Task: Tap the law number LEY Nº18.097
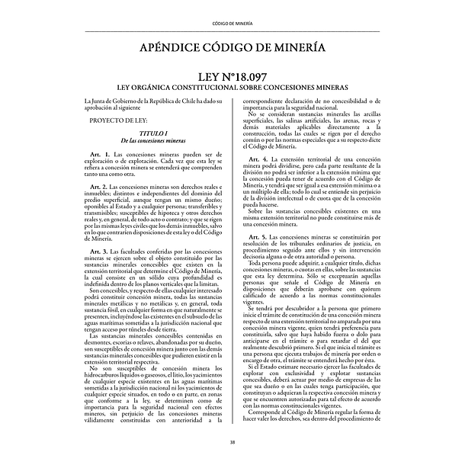[x=232, y=78]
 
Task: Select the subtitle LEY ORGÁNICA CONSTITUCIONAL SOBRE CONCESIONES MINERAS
[x=232, y=89]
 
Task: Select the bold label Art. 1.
[x=101, y=155]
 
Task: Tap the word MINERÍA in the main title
[x=294, y=48]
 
